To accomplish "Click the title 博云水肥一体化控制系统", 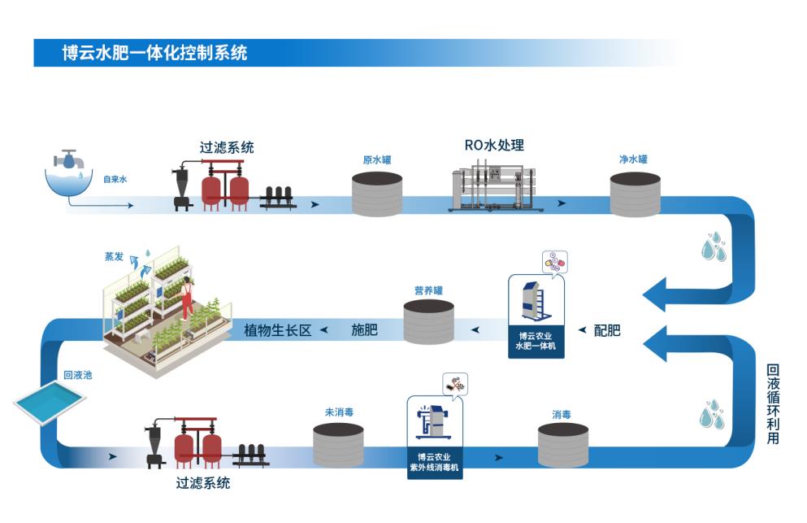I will coord(154,54).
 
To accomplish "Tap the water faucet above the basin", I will coord(69,158).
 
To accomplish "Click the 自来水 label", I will coord(115,180).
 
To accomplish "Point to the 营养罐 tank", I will coord(428,322).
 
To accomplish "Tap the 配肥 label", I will coord(607,330).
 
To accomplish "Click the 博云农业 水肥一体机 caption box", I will coord(536,341).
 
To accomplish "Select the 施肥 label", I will coord(364,330).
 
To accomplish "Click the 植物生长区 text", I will coord(278,330).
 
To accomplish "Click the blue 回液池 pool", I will coord(50,401).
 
